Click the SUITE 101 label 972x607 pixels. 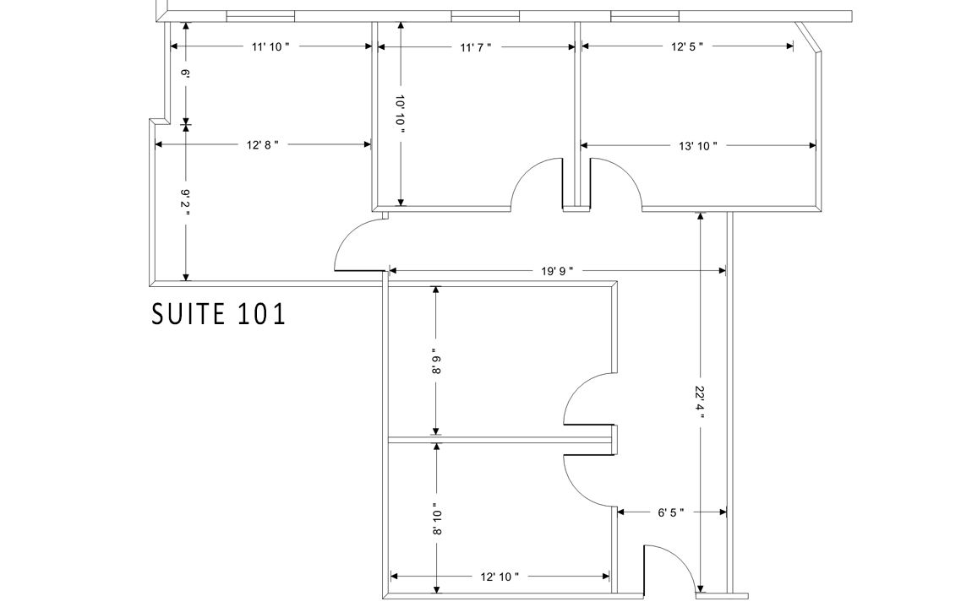[x=218, y=314]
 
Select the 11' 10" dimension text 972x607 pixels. [x=270, y=47]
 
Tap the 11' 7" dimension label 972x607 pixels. [x=476, y=47]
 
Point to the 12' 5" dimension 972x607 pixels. [x=687, y=46]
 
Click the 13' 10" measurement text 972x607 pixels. [x=698, y=146]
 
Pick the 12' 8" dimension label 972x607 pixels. [x=262, y=145]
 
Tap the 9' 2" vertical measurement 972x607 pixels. [x=185, y=203]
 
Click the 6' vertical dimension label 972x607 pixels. [x=185, y=73]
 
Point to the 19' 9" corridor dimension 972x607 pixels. [x=557, y=271]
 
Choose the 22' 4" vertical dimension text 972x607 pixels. [x=700, y=403]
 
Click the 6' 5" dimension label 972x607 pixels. [x=671, y=512]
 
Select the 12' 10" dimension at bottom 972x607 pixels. [x=500, y=577]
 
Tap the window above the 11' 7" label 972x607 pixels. [x=485, y=16]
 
